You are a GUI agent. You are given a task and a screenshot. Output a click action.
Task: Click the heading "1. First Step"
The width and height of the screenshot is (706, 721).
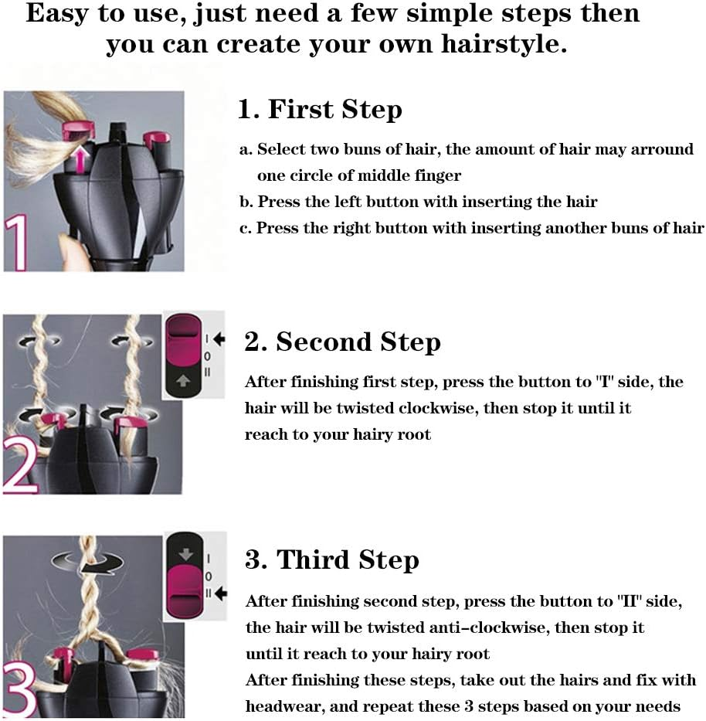[x=319, y=110]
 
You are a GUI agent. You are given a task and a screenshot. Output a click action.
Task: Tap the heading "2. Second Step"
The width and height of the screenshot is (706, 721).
[x=342, y=342]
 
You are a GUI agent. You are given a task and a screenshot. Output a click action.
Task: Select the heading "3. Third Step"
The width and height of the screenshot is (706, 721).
[x=332, y=559]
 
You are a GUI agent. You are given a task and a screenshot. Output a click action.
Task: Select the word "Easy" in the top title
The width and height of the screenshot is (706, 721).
[x=57, y=15]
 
